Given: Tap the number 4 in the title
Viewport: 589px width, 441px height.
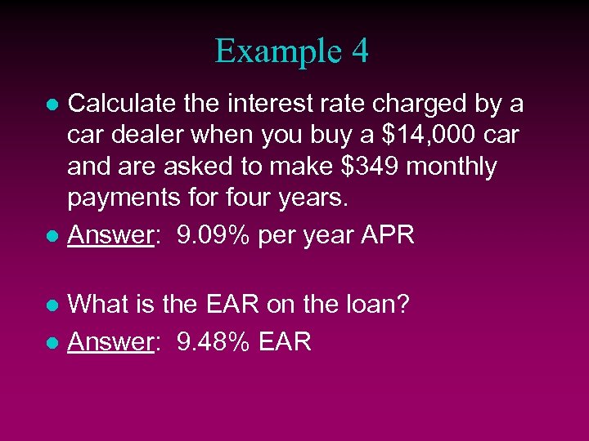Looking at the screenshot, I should [359, 51].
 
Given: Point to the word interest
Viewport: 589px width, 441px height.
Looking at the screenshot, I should [268, 104].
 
